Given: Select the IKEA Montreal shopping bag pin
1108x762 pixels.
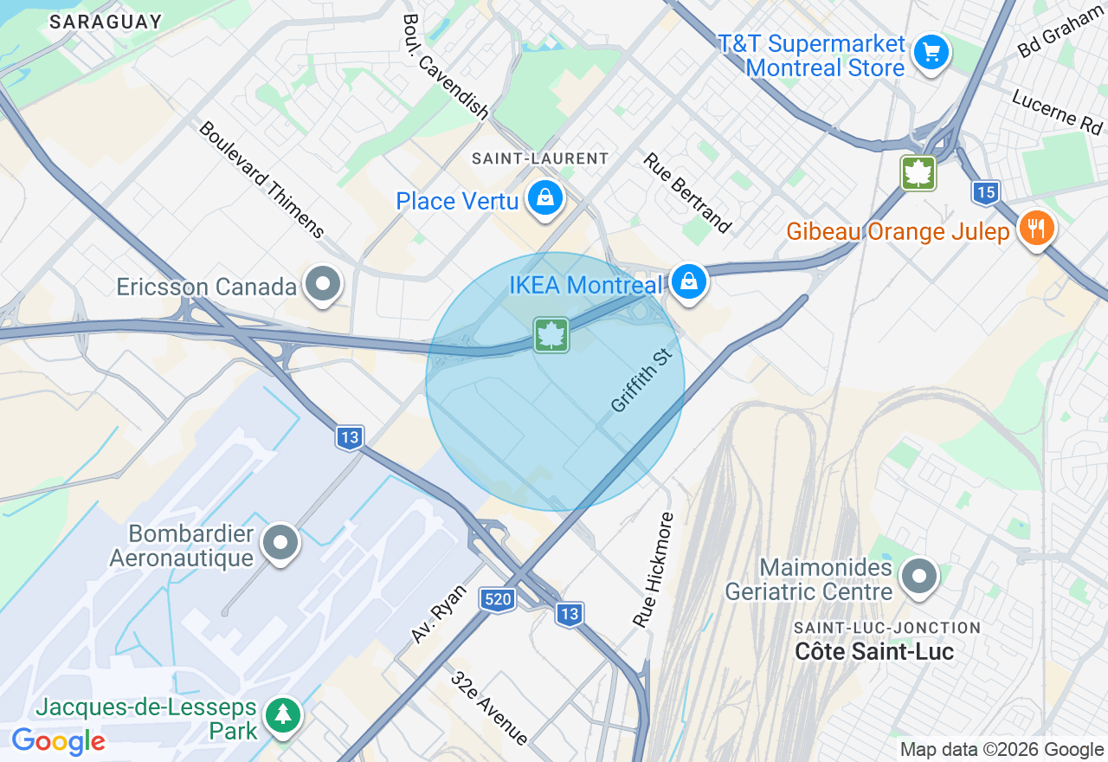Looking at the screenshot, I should (688, 281).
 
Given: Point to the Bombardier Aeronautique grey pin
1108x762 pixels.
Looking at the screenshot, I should (280, 542).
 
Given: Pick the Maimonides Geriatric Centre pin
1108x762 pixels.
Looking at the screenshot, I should (919, 575).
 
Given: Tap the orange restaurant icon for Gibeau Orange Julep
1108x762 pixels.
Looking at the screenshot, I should (1035, 229).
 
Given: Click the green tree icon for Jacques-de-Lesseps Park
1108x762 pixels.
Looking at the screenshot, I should (283, 714).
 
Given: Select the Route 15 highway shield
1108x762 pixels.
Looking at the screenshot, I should (985, 192).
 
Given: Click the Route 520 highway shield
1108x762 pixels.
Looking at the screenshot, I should (499, 599).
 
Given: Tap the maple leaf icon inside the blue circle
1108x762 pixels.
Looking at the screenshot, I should (551, 335).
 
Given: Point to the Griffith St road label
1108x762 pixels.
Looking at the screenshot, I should (641, 380).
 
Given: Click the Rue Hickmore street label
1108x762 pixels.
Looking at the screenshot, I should (654, 570).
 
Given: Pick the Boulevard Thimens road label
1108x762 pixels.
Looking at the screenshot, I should (261, 179).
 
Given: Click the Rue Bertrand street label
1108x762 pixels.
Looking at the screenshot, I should (686, 193).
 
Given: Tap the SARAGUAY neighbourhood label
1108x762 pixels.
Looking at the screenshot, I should (106, 22).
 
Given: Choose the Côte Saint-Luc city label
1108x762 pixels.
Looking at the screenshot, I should (874, 652).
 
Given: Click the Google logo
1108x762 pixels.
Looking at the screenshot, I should (58, 741).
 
